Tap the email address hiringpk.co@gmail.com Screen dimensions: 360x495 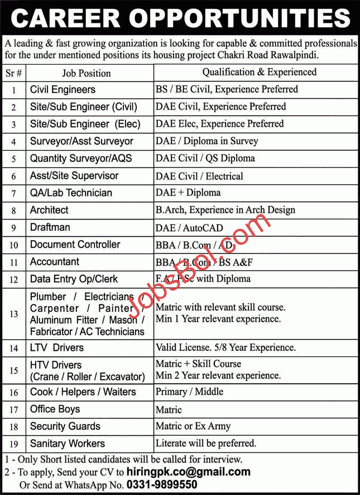point(189,472)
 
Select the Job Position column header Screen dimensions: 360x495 point(87,73)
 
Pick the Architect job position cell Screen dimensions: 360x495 point(49,210)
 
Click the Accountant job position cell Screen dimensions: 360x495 point(55,261)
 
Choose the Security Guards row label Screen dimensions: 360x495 point(65,426)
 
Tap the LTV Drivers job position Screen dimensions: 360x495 point(57,348)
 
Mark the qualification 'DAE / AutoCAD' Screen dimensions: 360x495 point(189,227)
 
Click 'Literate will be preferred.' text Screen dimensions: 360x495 point(205,444)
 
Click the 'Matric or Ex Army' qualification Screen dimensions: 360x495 point(193,426)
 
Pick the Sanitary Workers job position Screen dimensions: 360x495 point(68,444)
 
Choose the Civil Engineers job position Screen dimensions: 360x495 point(63,89)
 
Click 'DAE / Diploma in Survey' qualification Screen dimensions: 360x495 point(207,141)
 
